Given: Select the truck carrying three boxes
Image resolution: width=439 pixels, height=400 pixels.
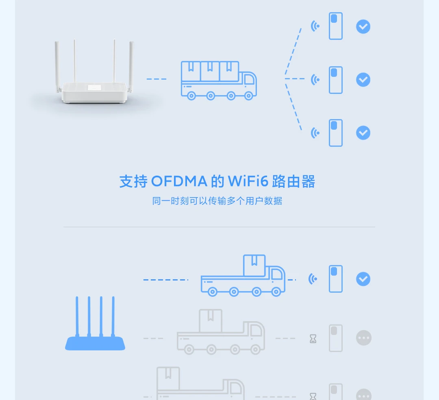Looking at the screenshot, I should (x=219, y=80).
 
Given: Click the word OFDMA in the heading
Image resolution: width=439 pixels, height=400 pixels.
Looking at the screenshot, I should (x=179, y=182).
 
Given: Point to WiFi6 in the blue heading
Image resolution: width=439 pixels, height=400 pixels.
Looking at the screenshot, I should (x=248, y=182).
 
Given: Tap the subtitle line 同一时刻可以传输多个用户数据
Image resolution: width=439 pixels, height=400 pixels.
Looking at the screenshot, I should (x=217, y=201).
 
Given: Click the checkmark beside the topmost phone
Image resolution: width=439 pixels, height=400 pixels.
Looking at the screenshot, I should (x=363, y=27).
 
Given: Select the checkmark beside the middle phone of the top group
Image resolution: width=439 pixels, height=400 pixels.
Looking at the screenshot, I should (x=363, y=79).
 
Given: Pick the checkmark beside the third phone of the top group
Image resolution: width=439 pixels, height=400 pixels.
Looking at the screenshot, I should (x=363, y=133).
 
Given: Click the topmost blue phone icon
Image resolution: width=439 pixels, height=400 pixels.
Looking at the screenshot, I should (x=336, y=26).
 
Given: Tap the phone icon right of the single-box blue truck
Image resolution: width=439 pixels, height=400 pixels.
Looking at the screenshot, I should (x=336, y=279).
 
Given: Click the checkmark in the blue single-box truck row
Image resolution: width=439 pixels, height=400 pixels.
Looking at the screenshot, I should (x=363, y=279).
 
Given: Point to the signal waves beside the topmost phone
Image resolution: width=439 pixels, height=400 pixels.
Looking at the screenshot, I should (x=315, y=26).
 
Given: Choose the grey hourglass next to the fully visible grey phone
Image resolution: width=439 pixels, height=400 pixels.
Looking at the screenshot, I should (x=313, y=339).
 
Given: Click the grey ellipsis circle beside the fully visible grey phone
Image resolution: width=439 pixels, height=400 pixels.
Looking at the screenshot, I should (x=364, y=338).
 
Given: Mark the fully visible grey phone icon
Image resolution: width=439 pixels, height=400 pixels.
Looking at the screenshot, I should (x=336, y=338).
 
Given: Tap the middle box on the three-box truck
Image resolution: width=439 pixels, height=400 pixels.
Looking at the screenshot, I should (x=210, y=71).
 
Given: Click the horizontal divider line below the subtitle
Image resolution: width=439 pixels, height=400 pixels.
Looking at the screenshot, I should (x=219, y=227).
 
